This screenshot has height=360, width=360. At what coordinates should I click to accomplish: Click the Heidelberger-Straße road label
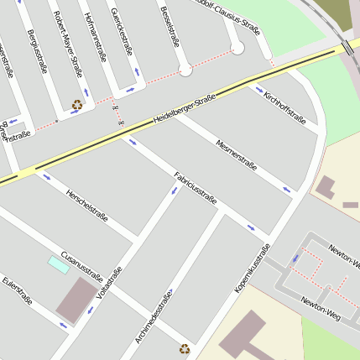(x=185, y=110)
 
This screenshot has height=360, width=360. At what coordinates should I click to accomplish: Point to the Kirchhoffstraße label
(x=284, y=108)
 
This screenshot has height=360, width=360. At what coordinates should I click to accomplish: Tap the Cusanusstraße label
(x=82, y=264)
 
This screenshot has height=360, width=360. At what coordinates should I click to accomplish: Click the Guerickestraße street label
(x=122, y=30)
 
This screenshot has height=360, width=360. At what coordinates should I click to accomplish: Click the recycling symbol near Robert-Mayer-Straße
(x=77, y=106)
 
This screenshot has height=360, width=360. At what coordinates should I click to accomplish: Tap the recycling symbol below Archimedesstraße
(x=185, y=348)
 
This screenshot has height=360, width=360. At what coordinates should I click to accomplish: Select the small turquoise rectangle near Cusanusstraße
(x=58, y=264)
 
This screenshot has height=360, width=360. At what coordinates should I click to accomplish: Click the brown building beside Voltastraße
(x=76, y=300)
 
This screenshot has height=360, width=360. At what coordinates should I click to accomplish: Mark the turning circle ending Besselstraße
(x=185, y=70)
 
